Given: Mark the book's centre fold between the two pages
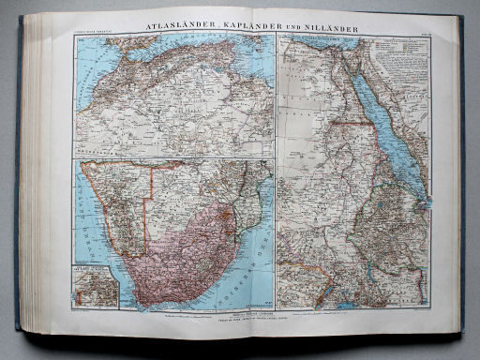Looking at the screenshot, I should tap(275, 178).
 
